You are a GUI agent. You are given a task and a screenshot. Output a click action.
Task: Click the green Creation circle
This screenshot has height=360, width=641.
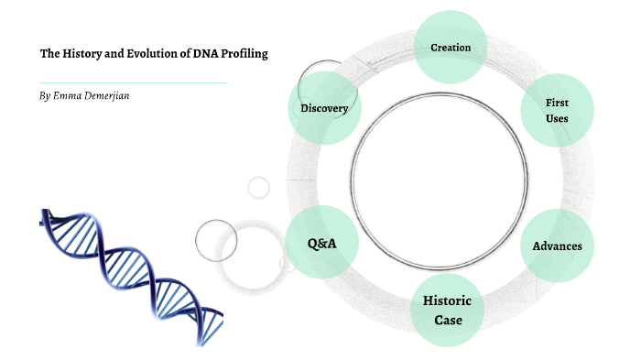tap(450, 47)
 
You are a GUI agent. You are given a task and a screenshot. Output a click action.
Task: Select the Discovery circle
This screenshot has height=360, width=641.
tap(324, 108)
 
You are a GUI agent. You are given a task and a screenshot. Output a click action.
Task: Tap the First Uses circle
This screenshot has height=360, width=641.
tap(557, 111)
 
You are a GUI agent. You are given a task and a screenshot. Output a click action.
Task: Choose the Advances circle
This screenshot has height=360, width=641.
tap(557, 245)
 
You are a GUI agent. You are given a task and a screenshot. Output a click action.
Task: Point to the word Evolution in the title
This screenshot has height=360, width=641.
tap(152, 54)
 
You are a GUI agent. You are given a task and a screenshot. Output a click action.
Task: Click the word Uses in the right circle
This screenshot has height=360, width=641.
tap(557, 119)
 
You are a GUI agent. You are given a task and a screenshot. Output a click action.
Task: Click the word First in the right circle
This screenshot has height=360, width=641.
tap(557, 103)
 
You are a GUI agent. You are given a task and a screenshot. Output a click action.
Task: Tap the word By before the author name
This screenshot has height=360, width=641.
tap(45, 95)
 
